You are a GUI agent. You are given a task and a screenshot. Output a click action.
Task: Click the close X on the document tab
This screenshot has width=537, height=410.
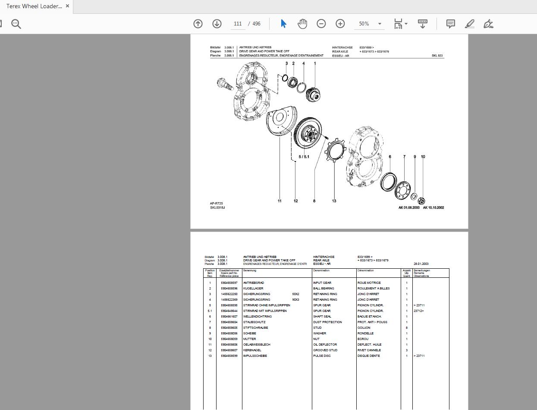click(67, 6)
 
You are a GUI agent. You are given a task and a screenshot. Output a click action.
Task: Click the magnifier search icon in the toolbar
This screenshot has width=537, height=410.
click(16, 24)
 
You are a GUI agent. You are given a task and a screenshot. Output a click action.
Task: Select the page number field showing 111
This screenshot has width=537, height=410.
click(238, 24)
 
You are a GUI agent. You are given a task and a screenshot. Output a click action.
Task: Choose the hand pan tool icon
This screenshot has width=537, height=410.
click(302, 24)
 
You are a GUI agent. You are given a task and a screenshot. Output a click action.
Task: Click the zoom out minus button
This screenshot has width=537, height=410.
click(321, 24)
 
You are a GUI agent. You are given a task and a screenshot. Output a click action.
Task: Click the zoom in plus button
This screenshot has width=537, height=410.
click(340, 24)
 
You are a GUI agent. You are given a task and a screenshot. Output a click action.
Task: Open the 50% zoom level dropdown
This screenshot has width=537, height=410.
click(370, 24)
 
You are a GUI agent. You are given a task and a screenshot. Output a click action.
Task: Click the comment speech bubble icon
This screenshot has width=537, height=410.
click(451, 24)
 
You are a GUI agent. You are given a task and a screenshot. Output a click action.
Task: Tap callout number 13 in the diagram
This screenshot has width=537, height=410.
click(334, 201)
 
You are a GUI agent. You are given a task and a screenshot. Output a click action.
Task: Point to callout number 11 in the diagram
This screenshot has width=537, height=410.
click(279, 201)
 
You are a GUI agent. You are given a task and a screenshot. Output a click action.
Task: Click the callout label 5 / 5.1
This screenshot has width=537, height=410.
click(304, 157)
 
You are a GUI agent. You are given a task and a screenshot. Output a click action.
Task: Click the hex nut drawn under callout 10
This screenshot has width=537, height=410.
click(422, 201)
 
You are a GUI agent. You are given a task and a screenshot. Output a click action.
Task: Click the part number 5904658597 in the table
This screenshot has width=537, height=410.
click(229, 283)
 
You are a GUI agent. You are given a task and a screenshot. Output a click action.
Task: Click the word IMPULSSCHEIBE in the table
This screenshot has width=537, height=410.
click(255, 356)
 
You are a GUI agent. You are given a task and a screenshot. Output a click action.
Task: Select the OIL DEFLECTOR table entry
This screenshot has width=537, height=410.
click(325, 345)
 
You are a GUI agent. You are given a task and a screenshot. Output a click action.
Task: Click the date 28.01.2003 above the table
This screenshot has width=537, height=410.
click(421, 264)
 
